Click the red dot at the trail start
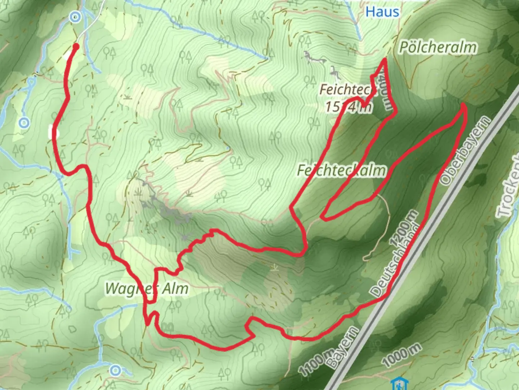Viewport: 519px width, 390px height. [x=76, y=46]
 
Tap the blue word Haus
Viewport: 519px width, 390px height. [x=382, y=12]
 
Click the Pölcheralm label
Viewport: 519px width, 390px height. [x=438, y=47]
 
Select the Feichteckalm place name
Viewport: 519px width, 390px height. [x=341, y=170]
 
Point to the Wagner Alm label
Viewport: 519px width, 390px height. [x=146, y=289]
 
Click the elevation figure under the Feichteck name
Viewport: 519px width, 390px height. [x=348, y=107]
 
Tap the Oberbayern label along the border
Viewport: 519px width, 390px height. [x=465, y=151]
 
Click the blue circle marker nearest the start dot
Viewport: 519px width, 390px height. [x=75, y=17]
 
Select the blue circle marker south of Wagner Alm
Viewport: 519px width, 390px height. [x=115, y=370]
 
